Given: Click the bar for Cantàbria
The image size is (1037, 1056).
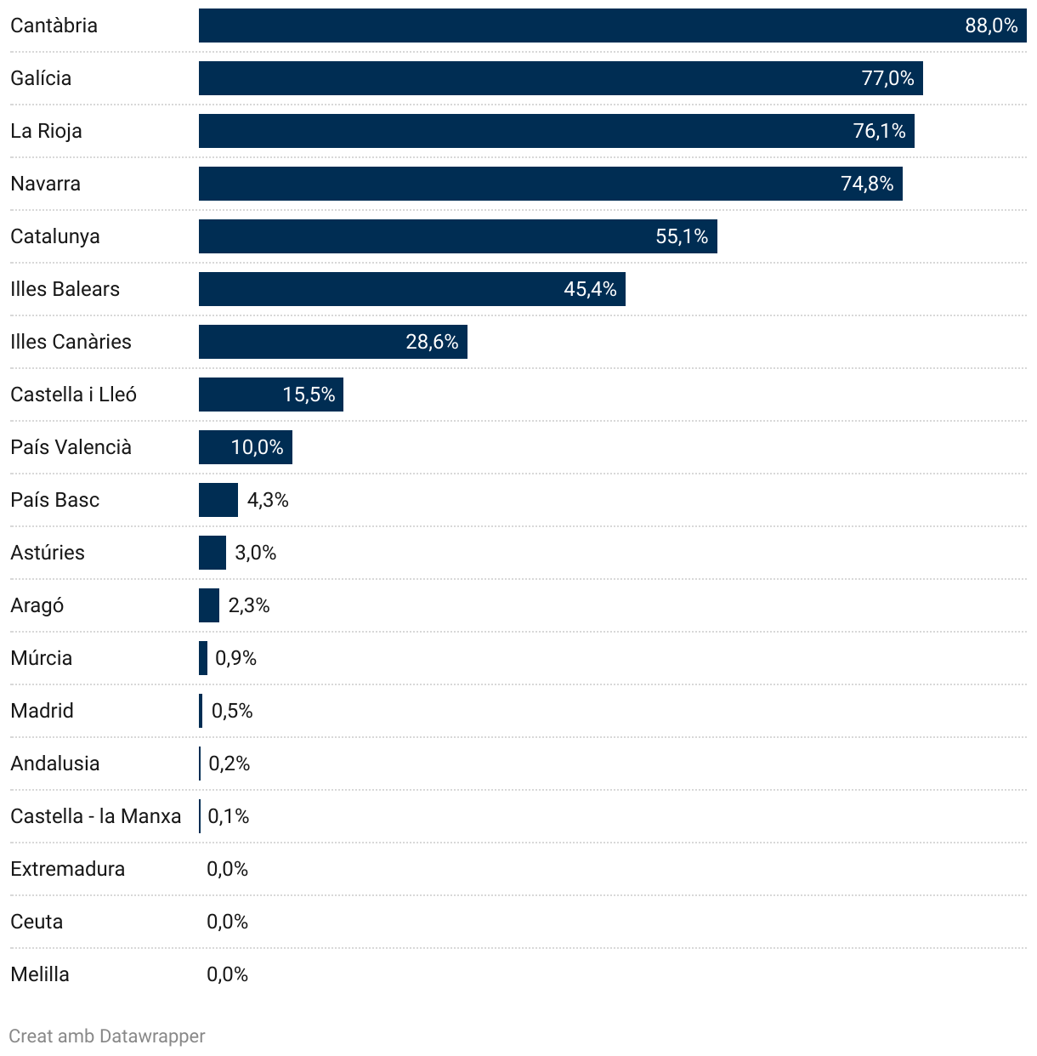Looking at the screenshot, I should click(612, 26).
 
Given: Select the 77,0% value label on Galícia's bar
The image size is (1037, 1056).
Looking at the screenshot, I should click(887, 78).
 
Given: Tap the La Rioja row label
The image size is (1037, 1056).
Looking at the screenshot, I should click(46, 131).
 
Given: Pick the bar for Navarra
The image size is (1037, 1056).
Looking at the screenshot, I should click(550, 184).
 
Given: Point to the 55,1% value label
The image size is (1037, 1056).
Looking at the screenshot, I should click(682, 236).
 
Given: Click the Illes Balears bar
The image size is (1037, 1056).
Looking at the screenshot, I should click(411, 289).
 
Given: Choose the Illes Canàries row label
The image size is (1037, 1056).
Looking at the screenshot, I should click(71, 342).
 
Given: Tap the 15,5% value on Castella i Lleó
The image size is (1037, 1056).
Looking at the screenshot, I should click(309, 395).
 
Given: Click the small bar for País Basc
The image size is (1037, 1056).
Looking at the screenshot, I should click(218, 500).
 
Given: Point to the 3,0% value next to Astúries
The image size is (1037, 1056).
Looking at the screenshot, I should click(255, 553).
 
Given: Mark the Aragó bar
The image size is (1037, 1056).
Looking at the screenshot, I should click(209, 605).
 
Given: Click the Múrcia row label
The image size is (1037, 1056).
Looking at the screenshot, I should click(41, 658).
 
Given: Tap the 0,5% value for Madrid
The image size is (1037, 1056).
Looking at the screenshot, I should click(232, 711).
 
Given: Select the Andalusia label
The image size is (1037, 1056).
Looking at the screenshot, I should click(54, 764).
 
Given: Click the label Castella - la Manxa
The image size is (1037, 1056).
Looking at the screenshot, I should click(95, 816).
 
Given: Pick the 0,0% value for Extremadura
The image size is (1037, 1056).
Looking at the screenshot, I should click(227, 869).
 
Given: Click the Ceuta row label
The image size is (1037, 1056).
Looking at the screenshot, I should click(37, 922).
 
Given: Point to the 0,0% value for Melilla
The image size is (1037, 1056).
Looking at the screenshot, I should click(227, 974).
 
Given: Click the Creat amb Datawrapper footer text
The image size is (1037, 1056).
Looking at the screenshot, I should click(107, 1036).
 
